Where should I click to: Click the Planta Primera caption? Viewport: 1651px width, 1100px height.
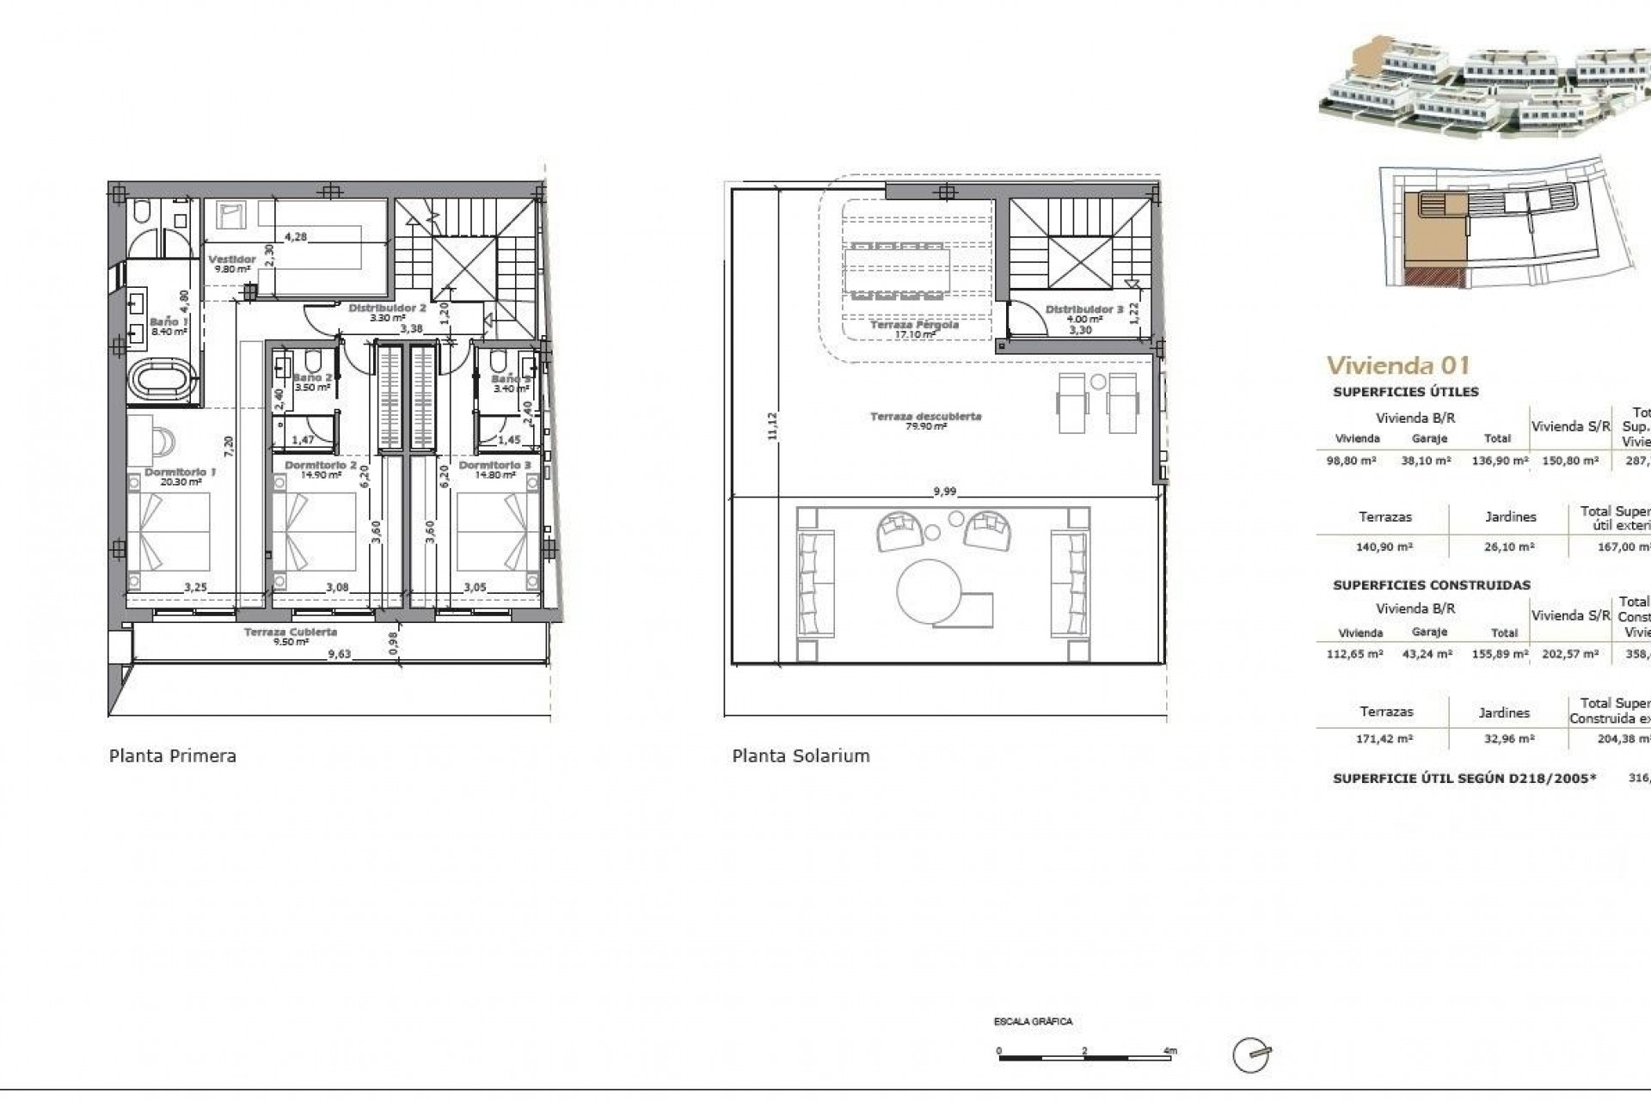pyautogui.click(x=172, y=756)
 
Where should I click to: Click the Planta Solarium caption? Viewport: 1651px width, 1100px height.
pyautogui.click(x=801, y=756)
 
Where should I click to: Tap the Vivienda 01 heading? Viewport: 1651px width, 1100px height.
pyautogui.click(x=1397, y=365)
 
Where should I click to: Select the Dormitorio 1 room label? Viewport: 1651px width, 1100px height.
pyautogui.click(x=180, y=472)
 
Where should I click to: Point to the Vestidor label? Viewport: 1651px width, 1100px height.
pyautogui.click(x=232, y=260)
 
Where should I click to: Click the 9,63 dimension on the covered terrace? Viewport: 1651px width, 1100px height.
pyautogui.click(x=340, y=654)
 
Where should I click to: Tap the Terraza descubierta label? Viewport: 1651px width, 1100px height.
pyautogui.click(x=925, y=417)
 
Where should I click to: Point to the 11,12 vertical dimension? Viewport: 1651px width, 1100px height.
pyautogui.click(x=771, y=426)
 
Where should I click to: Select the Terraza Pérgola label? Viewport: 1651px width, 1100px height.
pyautogui.click(x=913, y=326)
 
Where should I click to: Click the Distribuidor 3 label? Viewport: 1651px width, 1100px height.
pyautogui.click(x=1084, y=309)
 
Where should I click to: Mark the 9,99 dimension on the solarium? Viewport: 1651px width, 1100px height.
pyautogui.click(x=944, y=492)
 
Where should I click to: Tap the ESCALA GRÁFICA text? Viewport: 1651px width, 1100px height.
pyautogui.click(x=1033, y=1022)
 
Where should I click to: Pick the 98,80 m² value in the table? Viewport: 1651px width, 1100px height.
pyautogui.click(x=1352, y=461)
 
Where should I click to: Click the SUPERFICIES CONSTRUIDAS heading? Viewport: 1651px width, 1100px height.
pyautogui.click(x=1431, y=585)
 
